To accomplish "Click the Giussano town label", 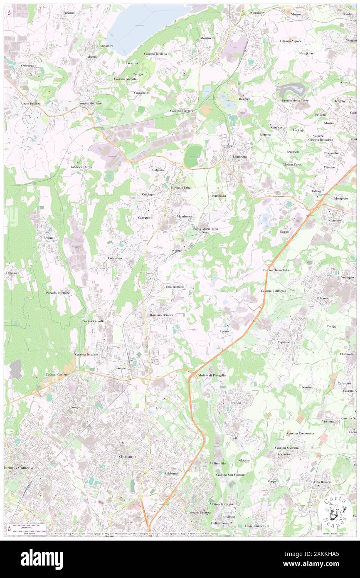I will pos(127,456).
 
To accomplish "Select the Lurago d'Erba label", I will pos(180,188).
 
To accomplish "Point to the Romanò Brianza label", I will pos(162,315).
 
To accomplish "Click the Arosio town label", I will pos(121,368).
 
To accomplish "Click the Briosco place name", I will pos(235,403).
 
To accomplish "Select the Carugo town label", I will pos(74,407).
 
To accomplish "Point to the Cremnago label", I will pos(115,258).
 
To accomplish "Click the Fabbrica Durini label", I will pos(81,167).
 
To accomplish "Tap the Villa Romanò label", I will pos(175,287).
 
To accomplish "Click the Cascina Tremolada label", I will pos(275,270).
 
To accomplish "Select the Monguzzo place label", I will pos(207,38).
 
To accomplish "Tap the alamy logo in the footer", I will pos(42,559).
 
